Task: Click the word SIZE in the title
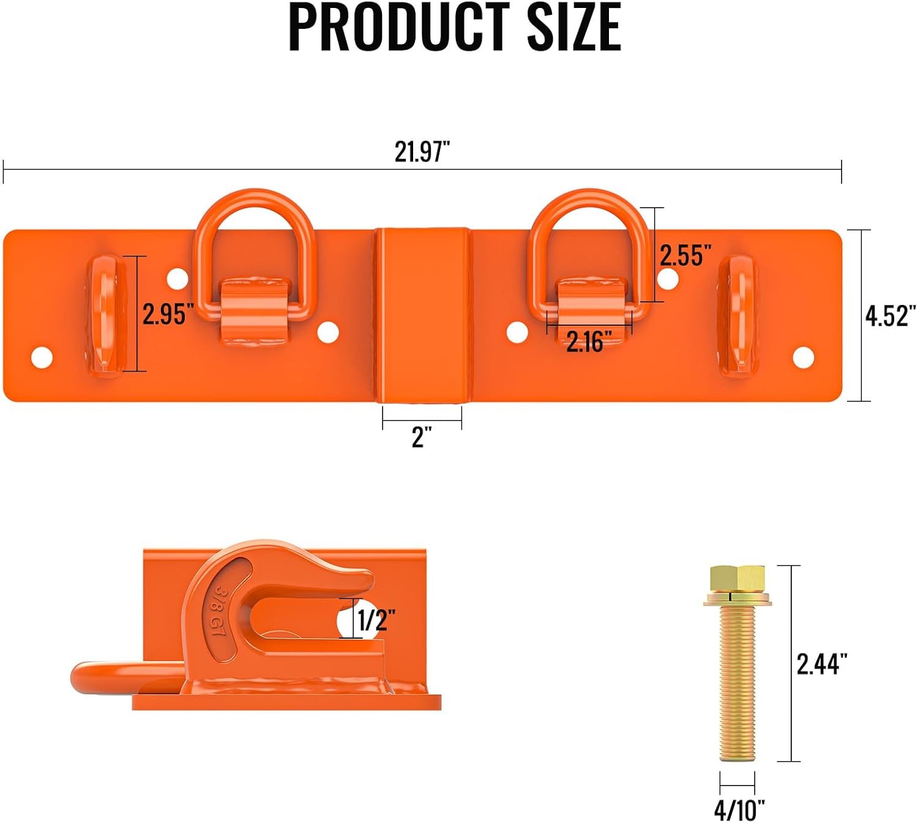coord(574,27)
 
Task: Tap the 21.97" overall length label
coord(422,151)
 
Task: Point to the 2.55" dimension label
coord(685,255)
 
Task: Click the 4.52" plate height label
coord(890,316)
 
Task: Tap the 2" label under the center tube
coord(422,437)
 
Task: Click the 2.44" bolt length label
coord(822,664)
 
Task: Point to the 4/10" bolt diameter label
coord(739,810)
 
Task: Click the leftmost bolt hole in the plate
coord(42,358)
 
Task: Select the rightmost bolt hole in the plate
coord(803,358)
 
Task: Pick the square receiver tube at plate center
coord(423,315)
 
